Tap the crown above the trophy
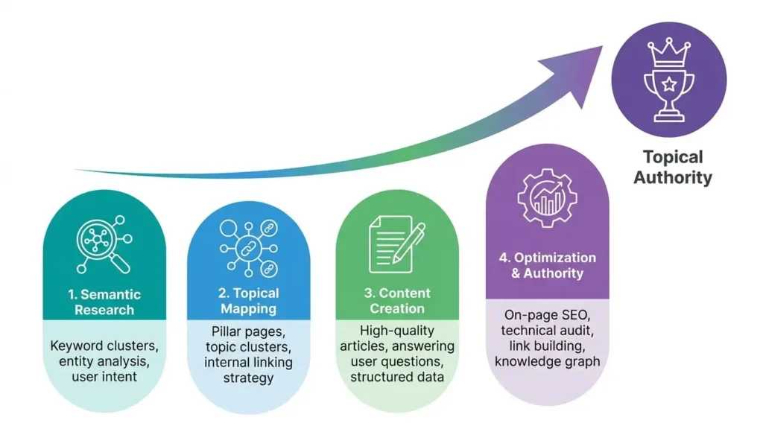click(x=668, y=52)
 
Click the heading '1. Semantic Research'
click(x=104, y=302)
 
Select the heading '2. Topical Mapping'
click(x=249, y=300)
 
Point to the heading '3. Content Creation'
click(x=396, y=300)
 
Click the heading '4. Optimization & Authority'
click(x=547, y=265)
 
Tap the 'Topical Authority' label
click(x=673, y=167)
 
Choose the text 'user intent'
click(x=104, y=377)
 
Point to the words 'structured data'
click(x=396, y=377)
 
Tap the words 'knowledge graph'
click(x=547, y=362)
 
